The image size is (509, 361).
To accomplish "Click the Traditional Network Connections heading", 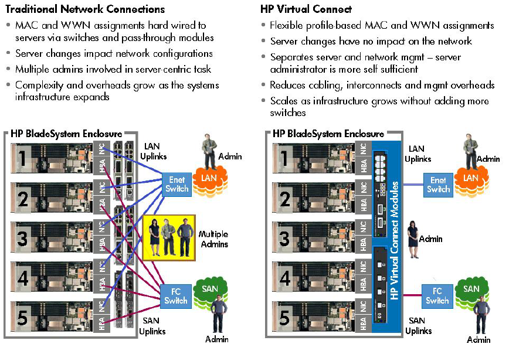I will (x=85, y=9).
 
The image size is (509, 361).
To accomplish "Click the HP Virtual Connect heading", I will (x=306, y=9).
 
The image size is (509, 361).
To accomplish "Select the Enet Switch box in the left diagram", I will (x=177, y=185).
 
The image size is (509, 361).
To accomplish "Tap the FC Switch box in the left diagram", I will (x=176, y=296).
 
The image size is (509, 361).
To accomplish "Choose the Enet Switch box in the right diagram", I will (x=438, y=185).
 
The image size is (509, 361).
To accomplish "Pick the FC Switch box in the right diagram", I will (x=437, y=296).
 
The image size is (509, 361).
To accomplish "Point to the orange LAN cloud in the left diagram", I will (x=209, y=178).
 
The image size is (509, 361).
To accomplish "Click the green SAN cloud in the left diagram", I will (x=209, y=290).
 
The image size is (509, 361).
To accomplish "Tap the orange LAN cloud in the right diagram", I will (x=471, y=178).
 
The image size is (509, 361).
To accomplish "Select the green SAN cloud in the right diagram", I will (x=471, y=290).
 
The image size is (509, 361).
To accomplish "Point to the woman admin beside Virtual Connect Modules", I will (x=414, y=239).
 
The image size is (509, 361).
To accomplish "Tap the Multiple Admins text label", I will (x=213, y=239).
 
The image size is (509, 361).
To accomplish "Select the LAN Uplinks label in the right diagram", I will (x=419, y=154).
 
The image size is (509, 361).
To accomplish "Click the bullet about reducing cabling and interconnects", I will (x=382, y=85).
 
